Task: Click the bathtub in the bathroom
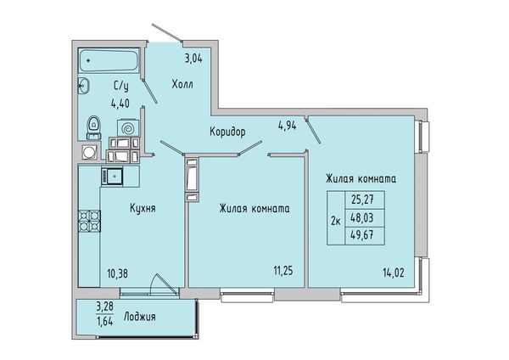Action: coord(109,60)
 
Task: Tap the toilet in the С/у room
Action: coord(93,127)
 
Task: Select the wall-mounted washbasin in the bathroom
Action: coord(84,86)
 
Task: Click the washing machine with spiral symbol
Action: coord(128,129)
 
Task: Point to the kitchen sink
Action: coord(112,177)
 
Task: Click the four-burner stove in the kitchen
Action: coord(89,221)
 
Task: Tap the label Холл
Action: coord(182,84)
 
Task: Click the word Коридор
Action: coord(227,132)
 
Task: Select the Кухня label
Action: coord(143,208)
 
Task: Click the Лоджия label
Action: coord(140,317)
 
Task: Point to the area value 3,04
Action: coord(193,59)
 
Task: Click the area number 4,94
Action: coord(288,126)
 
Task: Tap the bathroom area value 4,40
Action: coord(120,104)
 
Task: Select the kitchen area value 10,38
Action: coord(118,273)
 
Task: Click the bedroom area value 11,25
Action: coord(283,271)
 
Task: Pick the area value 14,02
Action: coord(394,273)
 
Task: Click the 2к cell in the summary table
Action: coord(336,222)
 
